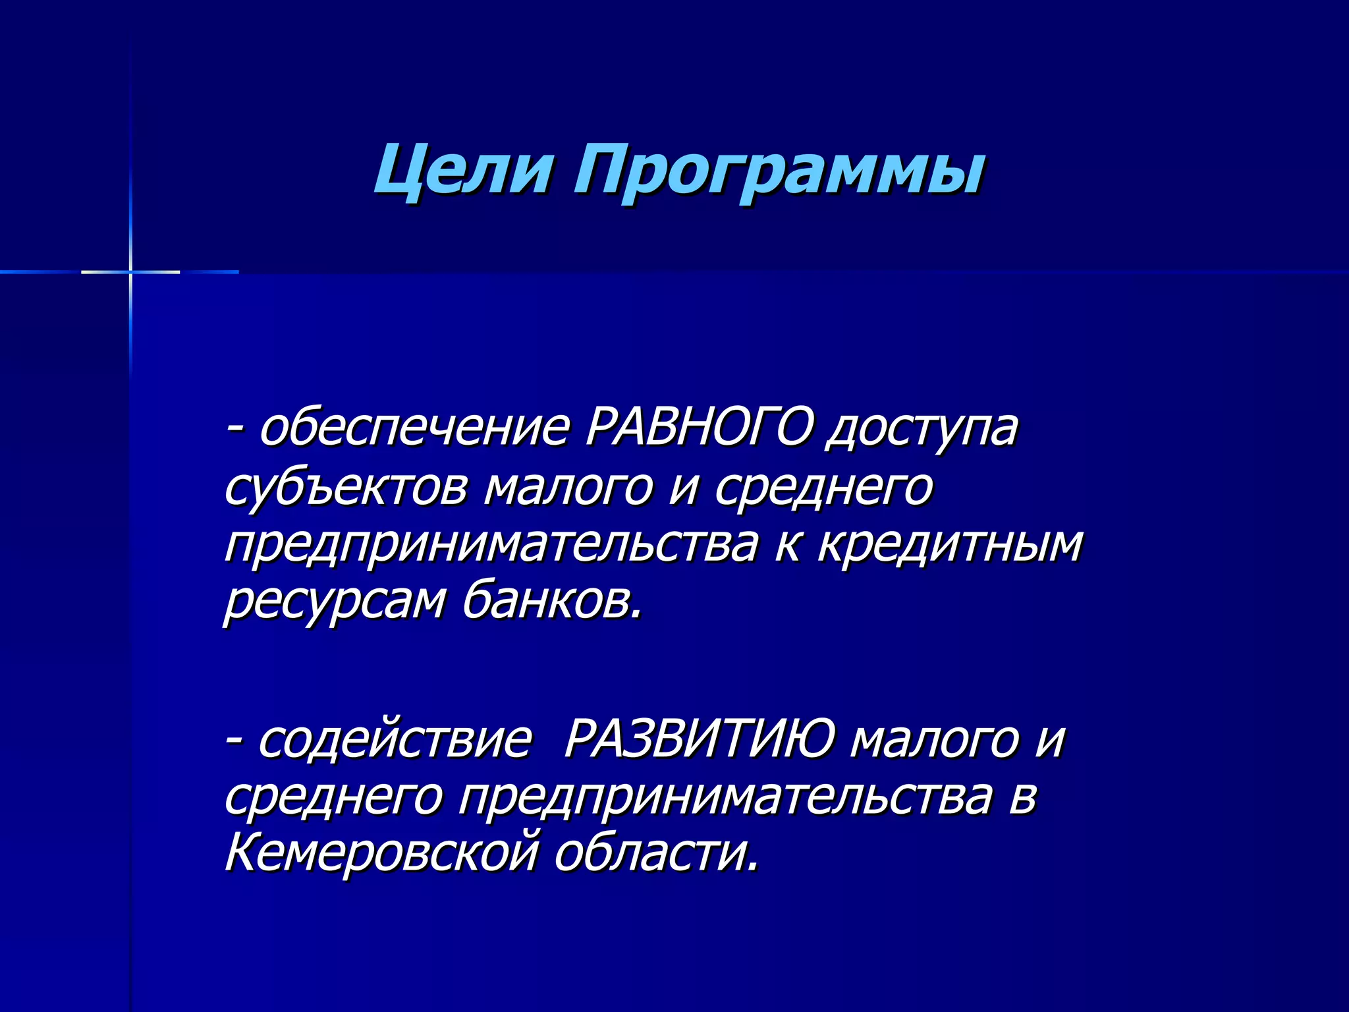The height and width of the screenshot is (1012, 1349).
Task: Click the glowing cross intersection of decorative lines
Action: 130,271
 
